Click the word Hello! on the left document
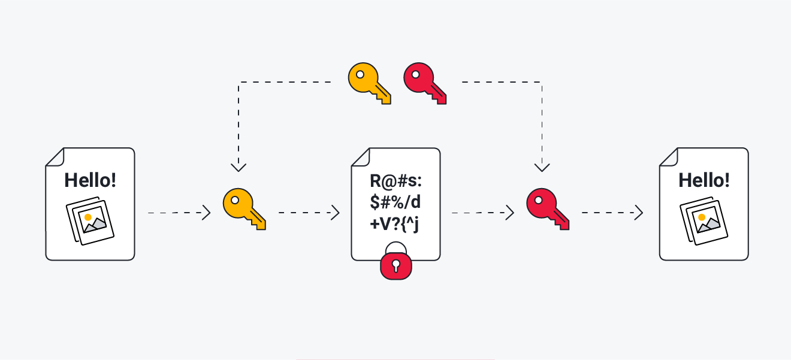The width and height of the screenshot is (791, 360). tap(90, 180)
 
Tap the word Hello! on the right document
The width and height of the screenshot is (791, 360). tap(704, 180)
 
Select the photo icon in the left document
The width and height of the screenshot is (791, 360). tap(89, 219)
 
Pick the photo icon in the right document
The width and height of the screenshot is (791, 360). tap(704, 219)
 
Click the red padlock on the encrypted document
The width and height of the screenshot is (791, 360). tap(396, 265)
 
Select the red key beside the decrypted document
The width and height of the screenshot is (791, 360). tap(547, 208)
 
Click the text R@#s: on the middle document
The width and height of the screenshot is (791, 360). tap(396, 180)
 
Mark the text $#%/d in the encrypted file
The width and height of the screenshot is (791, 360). tap(396, 202)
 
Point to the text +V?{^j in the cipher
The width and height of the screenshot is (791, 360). tap(396, 225)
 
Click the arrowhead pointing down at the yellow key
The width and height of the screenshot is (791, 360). tap(239, 165)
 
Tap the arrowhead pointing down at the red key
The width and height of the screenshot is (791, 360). tap(542, 165)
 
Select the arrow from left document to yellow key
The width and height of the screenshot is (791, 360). tap(179, 213)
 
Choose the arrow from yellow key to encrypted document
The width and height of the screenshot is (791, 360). tap(309, 213)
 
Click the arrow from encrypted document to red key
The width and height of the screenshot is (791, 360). tap(482, 213)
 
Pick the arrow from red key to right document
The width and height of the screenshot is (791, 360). tap(611, 213)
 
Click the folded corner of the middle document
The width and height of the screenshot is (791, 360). tap(359, 156)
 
